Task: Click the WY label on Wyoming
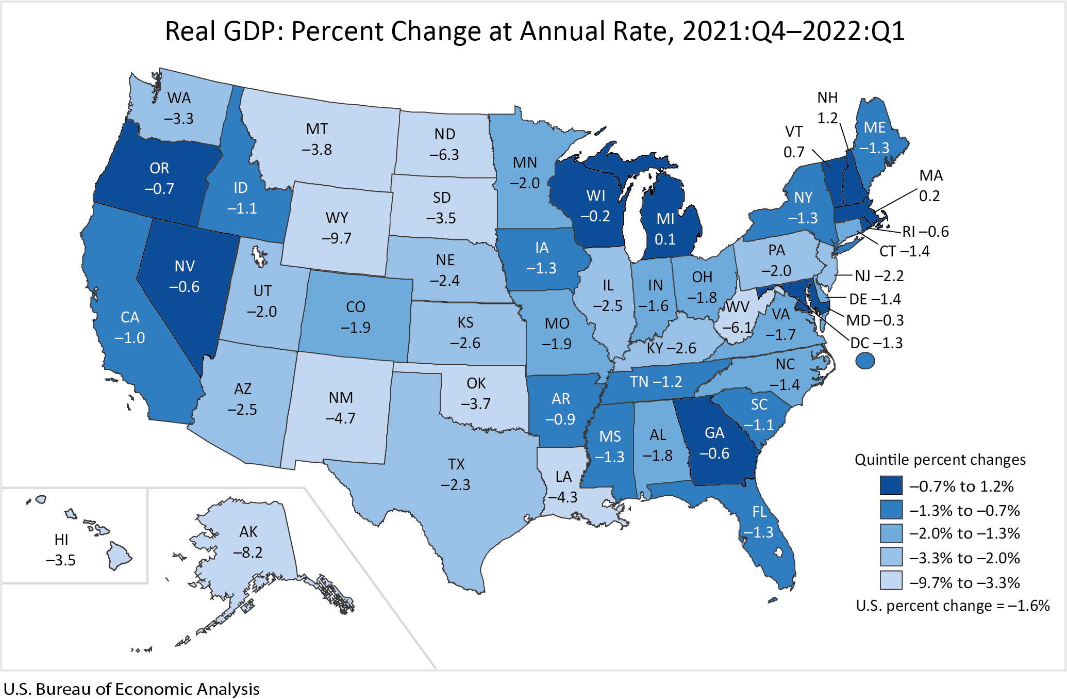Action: [337, 218]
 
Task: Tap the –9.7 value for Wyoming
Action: [337, 238]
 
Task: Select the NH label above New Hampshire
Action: [827, 97]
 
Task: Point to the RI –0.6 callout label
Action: [925, 232]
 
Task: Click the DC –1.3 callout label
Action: [876, 343]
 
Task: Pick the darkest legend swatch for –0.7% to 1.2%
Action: [891, 486]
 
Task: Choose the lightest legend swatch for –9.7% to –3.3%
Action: [891, 580]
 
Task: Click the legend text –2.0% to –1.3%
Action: [964, 533]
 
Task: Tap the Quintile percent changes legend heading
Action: [940, 460]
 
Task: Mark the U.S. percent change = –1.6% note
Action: [953, 606]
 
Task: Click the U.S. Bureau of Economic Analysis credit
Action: [131, 689]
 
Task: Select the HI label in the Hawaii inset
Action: [61, 540]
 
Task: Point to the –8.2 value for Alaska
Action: [248, 552]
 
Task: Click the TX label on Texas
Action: [456, 464]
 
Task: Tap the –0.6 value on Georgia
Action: [714, 453]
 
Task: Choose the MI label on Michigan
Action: [665, 219]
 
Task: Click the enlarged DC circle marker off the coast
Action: [865, 361]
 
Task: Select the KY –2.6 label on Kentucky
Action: [671, 348]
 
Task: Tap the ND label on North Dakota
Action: [445, 134]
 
